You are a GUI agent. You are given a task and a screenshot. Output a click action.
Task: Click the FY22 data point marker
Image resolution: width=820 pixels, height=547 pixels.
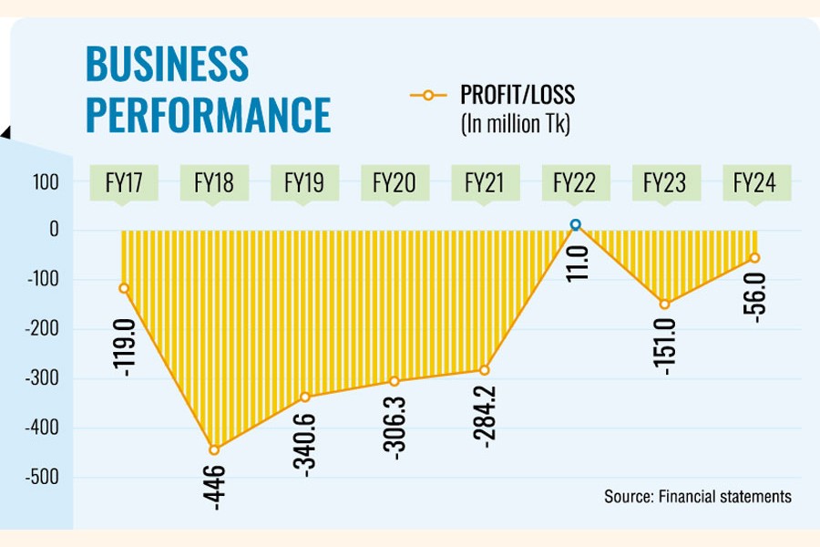click(575, 224)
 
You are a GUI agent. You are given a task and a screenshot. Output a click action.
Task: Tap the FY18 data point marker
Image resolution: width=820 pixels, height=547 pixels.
click(214, 449)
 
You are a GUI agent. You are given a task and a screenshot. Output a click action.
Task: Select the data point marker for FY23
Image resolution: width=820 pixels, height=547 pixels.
click(664, 304)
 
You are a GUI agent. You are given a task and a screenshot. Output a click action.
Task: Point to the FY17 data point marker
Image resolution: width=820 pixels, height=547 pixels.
click(124, 288)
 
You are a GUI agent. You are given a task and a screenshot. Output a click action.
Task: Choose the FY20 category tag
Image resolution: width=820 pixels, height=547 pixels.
click(395, 183)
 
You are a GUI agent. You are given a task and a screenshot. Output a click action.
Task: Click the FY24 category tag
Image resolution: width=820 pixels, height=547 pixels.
click(754, 183)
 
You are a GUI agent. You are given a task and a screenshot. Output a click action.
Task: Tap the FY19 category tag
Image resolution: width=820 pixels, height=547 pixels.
click(304, 183)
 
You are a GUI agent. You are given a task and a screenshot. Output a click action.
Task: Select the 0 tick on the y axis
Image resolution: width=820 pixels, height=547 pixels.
click(54, 231)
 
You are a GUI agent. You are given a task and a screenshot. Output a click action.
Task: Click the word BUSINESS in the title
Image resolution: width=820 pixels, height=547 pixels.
click(167, 65)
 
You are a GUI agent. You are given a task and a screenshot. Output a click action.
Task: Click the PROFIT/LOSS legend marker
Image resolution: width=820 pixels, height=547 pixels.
click(428, 94)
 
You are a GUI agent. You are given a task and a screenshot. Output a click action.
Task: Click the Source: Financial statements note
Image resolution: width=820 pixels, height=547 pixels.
click(697, 497)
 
